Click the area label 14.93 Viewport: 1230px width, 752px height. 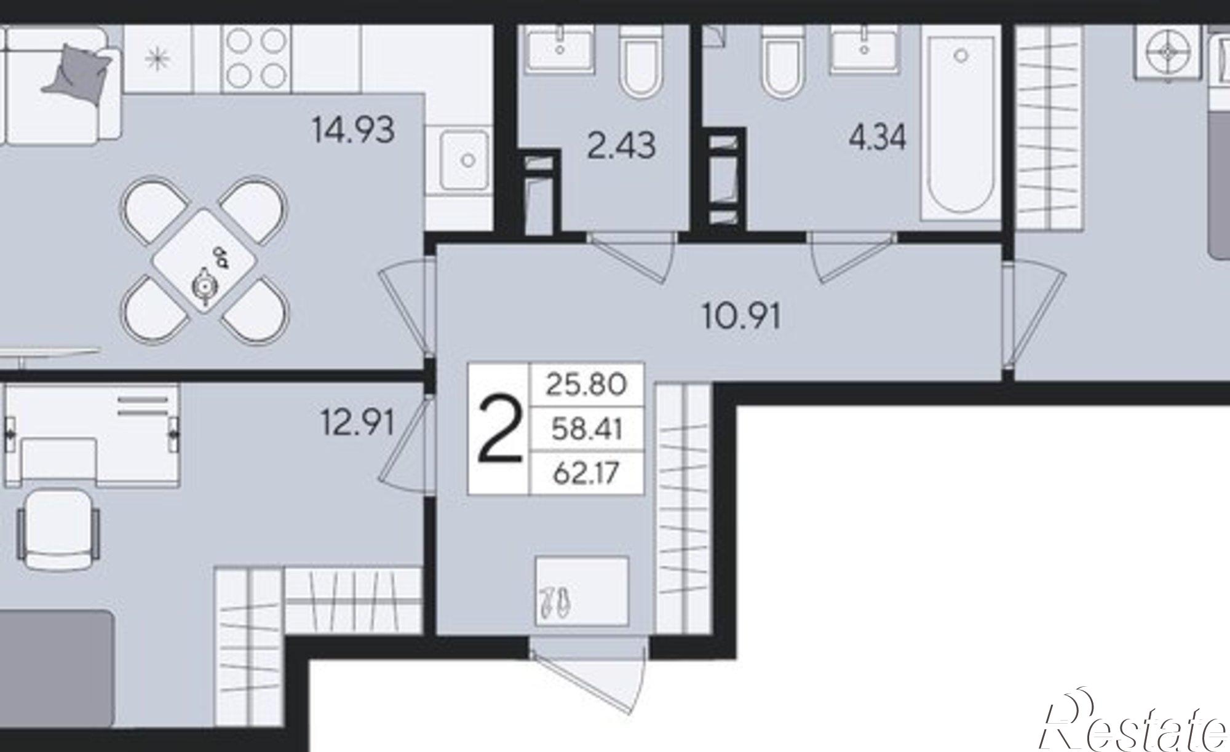click(353, 130)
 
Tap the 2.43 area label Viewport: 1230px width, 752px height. click(621, 146)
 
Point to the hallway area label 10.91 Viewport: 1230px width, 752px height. click(742, 317)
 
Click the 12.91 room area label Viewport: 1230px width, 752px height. click(358, 422)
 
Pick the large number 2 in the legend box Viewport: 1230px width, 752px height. click(499, 429)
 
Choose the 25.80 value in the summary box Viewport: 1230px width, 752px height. click(586, 384)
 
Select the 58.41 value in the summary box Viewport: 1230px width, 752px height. click(586, 429)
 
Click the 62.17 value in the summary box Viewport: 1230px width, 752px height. click(586, 473)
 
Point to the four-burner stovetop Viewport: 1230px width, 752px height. click(256, 58)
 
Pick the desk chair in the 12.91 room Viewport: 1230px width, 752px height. click(59, 529)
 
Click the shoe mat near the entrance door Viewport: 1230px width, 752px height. click(582, 592)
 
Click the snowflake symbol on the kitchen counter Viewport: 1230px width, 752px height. click(159, 59)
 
